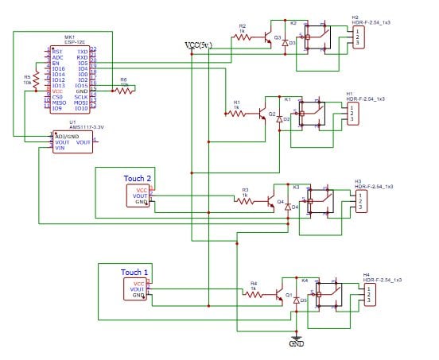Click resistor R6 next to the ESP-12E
click(124, 90)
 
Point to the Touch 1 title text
click(135, 272)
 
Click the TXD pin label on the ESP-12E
click(82, 51)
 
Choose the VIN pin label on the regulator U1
click(59, 148)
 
